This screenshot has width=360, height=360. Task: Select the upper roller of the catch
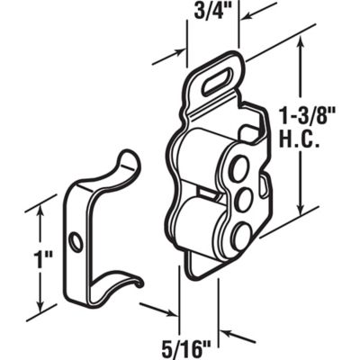click(202, 162)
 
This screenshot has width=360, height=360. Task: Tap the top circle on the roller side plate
click(241, 166)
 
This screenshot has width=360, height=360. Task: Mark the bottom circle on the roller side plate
click(240, 236)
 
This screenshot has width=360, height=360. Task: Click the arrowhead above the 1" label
click(40, 212)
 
